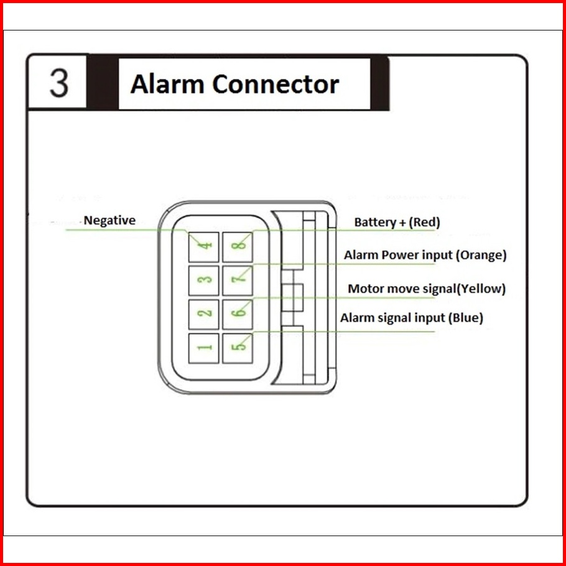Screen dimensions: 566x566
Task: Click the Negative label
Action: (x=109, y=220)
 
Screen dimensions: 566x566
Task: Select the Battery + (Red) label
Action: (x=397, y=222)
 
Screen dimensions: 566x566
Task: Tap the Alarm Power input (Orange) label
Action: (x=425, y=255)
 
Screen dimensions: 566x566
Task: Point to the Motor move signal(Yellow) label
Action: (x=427, y=289)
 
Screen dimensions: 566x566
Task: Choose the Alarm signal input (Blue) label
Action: (x=412, y=318)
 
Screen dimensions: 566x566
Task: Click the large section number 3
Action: (x=59, y=83)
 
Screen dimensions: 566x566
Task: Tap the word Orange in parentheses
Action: (x=483, y=255)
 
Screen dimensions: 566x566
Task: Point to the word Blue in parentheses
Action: (x=466, y=318)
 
